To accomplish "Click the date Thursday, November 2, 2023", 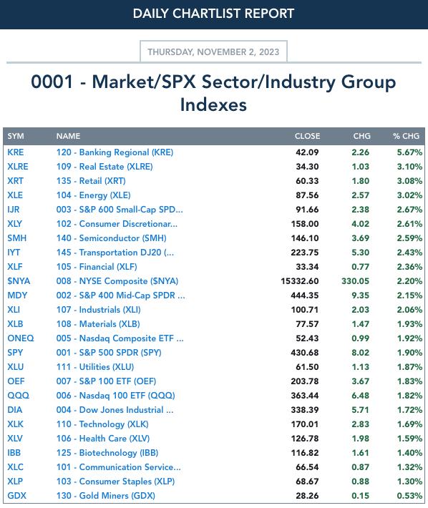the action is click(213, 52).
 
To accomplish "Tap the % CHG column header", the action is click(407, 136).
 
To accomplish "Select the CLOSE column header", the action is click(307, 136).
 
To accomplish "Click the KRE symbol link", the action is click(16, 152).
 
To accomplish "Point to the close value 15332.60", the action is click(300, 281).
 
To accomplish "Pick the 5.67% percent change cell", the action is click(409, 152).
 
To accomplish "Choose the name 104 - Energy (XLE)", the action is click(93, 195).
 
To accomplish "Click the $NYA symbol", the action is click(19, 281).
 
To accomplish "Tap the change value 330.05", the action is click(356, 281).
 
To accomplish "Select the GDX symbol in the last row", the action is click(17, 496).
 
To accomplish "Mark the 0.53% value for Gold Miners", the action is click(409, 496).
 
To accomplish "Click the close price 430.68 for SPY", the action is click(305, 353).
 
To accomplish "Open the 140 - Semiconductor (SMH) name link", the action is click(111, 238).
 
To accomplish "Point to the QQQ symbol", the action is click(18, 396).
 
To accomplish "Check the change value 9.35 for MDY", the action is click(360, 295).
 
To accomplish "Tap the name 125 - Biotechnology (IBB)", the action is click(107, 453).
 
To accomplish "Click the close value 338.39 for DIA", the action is click(305, 410).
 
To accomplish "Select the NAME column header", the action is click(69, 136).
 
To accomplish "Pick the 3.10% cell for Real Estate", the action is click(409, 167).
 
